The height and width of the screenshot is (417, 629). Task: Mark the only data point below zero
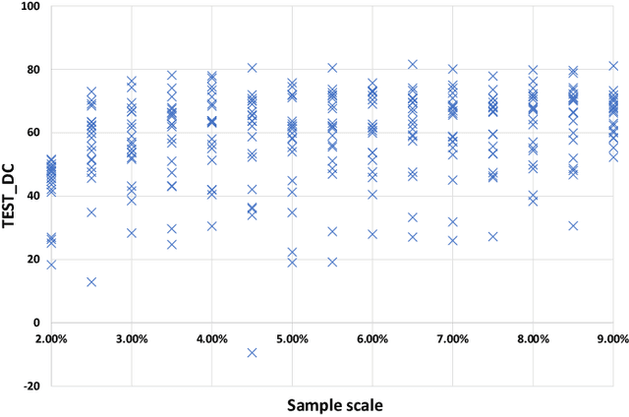tap(252, 352)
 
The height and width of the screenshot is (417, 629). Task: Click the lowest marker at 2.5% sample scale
tap(91, 281)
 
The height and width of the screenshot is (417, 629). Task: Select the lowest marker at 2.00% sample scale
tap(51, 264)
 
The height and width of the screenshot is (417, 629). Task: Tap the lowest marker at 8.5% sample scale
tap(573, 225)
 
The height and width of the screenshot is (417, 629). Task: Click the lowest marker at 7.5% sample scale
tap(493, 236)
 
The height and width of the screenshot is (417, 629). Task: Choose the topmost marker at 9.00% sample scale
tap(613, 66)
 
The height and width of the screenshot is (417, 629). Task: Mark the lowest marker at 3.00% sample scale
tap(132, 233)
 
